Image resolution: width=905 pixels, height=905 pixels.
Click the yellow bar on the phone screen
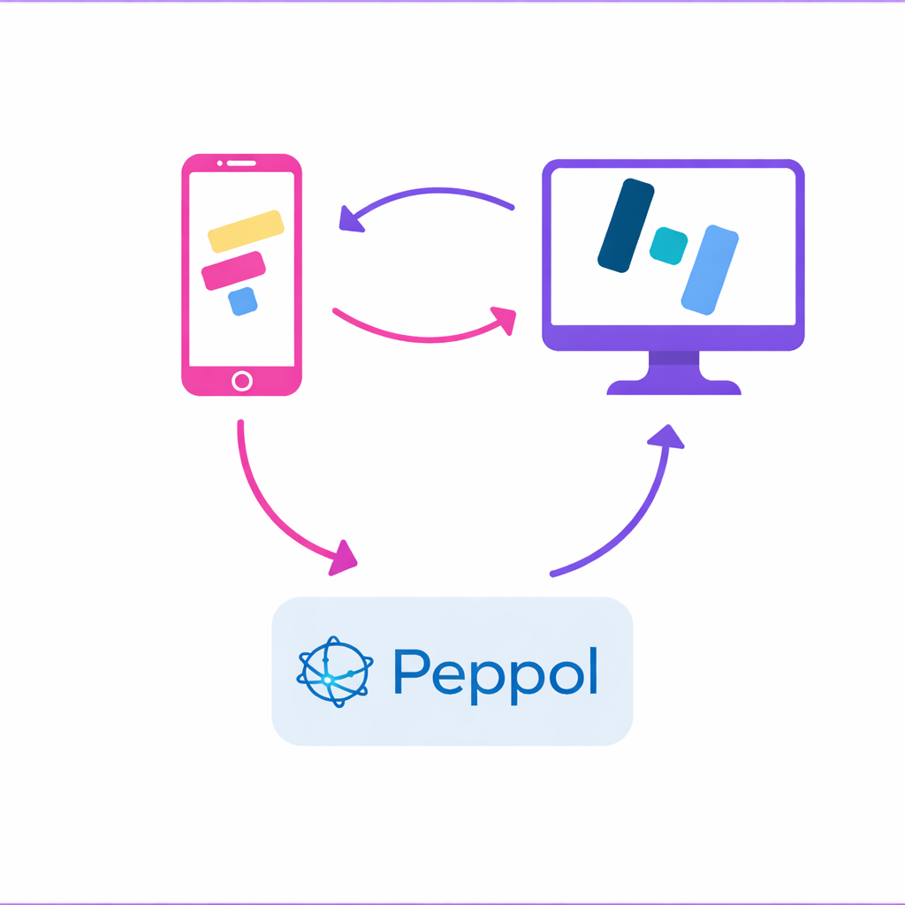246,231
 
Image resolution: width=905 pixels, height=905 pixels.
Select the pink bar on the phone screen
233,270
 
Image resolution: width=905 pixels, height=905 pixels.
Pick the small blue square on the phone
242,301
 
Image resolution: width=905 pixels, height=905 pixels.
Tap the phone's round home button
241,381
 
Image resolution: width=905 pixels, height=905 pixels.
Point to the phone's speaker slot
241,163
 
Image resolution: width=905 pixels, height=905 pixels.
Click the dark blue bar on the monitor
626,225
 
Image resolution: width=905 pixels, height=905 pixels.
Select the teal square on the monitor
668,246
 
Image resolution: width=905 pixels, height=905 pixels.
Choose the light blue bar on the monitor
710,270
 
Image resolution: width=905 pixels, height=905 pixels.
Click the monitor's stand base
673,387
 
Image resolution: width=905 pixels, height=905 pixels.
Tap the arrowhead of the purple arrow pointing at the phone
351,218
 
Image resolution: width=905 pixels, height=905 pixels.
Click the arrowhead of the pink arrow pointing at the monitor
504,319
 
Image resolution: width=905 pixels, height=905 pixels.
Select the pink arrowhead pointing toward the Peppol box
344,559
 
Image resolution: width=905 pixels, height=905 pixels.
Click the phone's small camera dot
219,163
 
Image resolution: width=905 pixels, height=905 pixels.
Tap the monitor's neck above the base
673,363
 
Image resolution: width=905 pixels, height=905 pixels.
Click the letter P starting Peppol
412,672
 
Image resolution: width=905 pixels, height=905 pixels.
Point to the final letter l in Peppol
593,670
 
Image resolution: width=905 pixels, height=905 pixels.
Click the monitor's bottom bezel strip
673,338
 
